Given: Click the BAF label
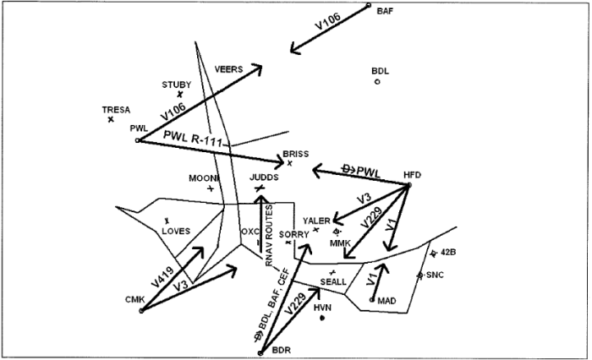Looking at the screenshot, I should (385, 11).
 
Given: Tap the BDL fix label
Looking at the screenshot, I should (380, 71).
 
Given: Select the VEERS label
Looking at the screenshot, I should (228, 69).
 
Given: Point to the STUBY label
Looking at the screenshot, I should (176, 85).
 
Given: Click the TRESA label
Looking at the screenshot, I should (116, 110).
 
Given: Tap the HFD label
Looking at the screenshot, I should (412, 175).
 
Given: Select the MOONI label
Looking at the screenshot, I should (203, 178).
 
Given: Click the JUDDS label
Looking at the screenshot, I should (264, 177).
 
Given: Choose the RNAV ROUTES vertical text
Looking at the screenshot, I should (269, 236).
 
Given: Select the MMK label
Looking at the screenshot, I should (339, 242).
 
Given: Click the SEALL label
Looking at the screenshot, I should (333, 281).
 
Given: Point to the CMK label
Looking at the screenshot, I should (134, 300).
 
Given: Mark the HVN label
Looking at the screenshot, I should (321, 308).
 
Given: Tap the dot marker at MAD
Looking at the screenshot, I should (372, 299).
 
